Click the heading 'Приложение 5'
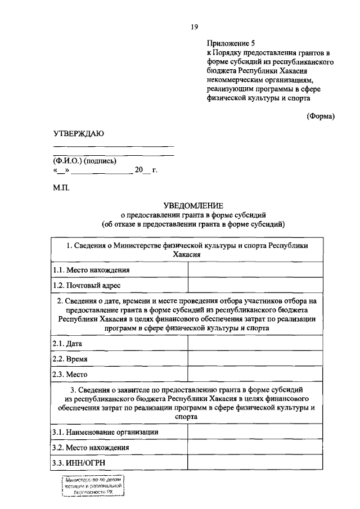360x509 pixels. click(x=231, y=43)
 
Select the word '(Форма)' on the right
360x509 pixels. click(x=321, y=116)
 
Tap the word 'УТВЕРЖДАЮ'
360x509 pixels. click(x=78, y=133)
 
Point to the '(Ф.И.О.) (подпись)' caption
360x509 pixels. click(x=84, y=161)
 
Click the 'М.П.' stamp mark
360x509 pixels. click(x=61, y=187)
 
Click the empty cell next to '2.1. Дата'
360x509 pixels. click(x=255, y=343)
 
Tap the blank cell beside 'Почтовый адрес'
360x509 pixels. click(x=255, y=286)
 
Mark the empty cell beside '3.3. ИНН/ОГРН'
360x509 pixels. click(x=255, y=462)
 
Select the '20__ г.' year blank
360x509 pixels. click(x=146, y=170)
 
